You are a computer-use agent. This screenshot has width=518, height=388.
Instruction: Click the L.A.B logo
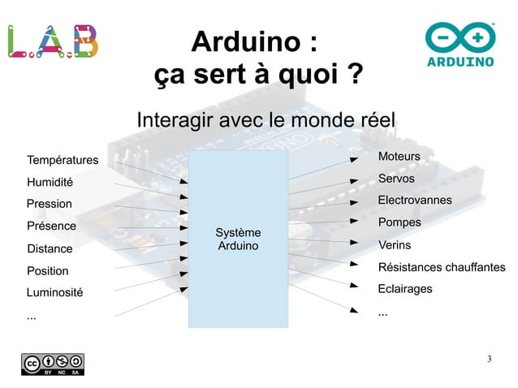54,41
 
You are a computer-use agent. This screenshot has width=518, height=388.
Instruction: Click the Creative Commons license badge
53,364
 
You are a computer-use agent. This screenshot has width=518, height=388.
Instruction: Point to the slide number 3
489,359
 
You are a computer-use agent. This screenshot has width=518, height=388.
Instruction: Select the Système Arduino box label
238,239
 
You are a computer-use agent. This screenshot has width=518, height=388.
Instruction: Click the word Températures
63,160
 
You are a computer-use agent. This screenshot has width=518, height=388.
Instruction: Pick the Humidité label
50,183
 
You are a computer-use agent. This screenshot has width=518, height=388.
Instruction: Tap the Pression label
49,204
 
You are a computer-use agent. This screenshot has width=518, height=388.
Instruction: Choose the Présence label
51,226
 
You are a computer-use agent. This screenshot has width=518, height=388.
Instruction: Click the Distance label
50,248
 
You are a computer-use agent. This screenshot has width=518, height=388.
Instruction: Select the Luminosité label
55,291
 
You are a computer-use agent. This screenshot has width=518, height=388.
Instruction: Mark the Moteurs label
399,156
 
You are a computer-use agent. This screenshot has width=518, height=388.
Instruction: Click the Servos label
396,179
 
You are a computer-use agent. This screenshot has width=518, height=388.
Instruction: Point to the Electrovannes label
414,200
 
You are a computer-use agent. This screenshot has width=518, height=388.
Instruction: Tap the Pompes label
399,222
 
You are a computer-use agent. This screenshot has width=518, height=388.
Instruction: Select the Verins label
395,245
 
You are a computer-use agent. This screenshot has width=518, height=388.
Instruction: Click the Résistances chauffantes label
442,267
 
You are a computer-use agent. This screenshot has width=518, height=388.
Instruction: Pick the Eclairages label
405,289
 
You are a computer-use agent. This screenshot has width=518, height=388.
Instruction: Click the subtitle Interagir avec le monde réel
265,120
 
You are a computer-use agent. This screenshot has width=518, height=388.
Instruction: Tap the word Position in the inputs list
47,270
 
